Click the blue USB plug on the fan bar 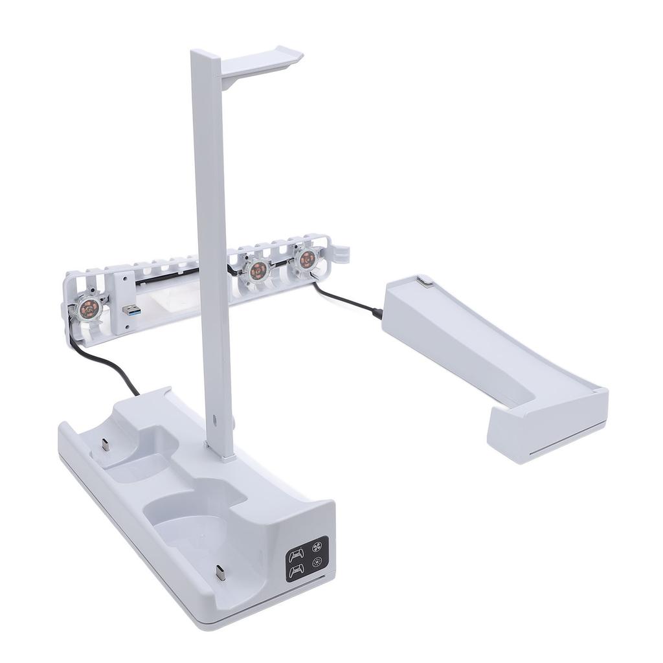pyautogui.click(x=131, y=310)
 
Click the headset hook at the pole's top pyautogui.click(x=263, y=60)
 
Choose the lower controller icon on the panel pyautogui.click(x=297, y=570)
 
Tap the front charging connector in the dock pyautogui.click(x=220, y=573)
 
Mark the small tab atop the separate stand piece pyautogui.click(x=424, y=281)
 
